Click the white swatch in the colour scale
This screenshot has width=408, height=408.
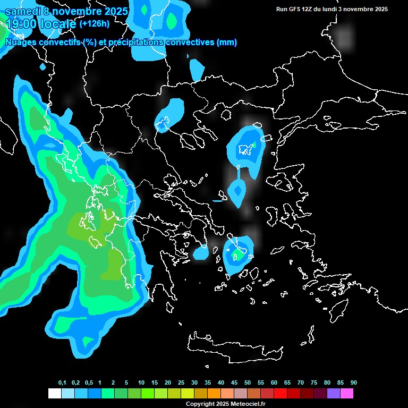(x=54, y=393)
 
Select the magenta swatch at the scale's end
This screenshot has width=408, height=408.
(x=347, y=393)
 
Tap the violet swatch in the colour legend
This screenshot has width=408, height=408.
(x=334, y=393)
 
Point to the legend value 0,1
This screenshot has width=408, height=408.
(x=62, y=383)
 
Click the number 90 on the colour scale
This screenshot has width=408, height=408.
(x=354, y=383)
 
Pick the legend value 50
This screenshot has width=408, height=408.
(x=248, y=383)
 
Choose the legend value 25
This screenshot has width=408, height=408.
(x=181, y=383)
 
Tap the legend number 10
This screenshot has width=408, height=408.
(x=141, y=383)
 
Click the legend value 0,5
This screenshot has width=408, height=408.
(x=88, y=383)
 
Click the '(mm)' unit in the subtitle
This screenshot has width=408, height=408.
(x=227, y=42)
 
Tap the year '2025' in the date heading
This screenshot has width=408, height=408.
(x=113, y=11)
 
